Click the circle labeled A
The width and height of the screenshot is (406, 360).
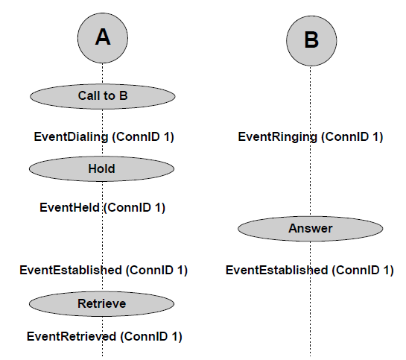pyautogui.click(x=103, y=38)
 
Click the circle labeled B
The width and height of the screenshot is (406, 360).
pyautogui.click(x=311, y=41)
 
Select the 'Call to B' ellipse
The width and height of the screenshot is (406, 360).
pyautogui.click(x=103, y=96)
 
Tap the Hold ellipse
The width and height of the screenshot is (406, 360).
pyautogui.click(x=101, y=169)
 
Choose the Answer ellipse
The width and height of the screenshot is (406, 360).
pyautogui.click(x=311, y=229)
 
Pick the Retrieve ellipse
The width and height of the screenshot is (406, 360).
pyautogui.click(x=101, y=304)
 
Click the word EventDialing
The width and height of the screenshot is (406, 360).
pyautogui.click(x=71, y=137)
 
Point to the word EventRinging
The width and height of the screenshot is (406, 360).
pyautogui.click(x=277, y=137)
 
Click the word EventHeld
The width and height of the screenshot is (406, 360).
pyautogui.click(x=69, y=208)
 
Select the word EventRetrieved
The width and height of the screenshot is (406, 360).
pyautogui.click(x=72, y=337)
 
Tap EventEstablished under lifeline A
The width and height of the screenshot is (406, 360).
pyautogui.click(x=71, y=270)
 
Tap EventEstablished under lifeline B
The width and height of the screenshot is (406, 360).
pyautogui.click(x=277, y=270)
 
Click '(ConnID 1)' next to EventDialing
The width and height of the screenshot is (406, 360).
pyautogui.click(x=143, y=137)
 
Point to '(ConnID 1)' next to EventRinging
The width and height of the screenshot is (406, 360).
pyautogui.click(x=352, y=137)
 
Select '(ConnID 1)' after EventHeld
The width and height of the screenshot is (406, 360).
pyautogui.click(x=134, y=208)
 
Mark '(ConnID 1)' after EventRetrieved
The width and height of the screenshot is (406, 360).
pyautogui.click(x=151, y=337)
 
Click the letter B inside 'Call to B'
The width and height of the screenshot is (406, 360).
pyautogui.click(x=123, y=96)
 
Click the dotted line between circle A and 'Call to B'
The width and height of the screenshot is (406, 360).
pyautogui.click(x=103, y=73)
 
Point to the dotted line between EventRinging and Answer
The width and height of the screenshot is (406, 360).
pyautogui.click(x=311, y=180)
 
